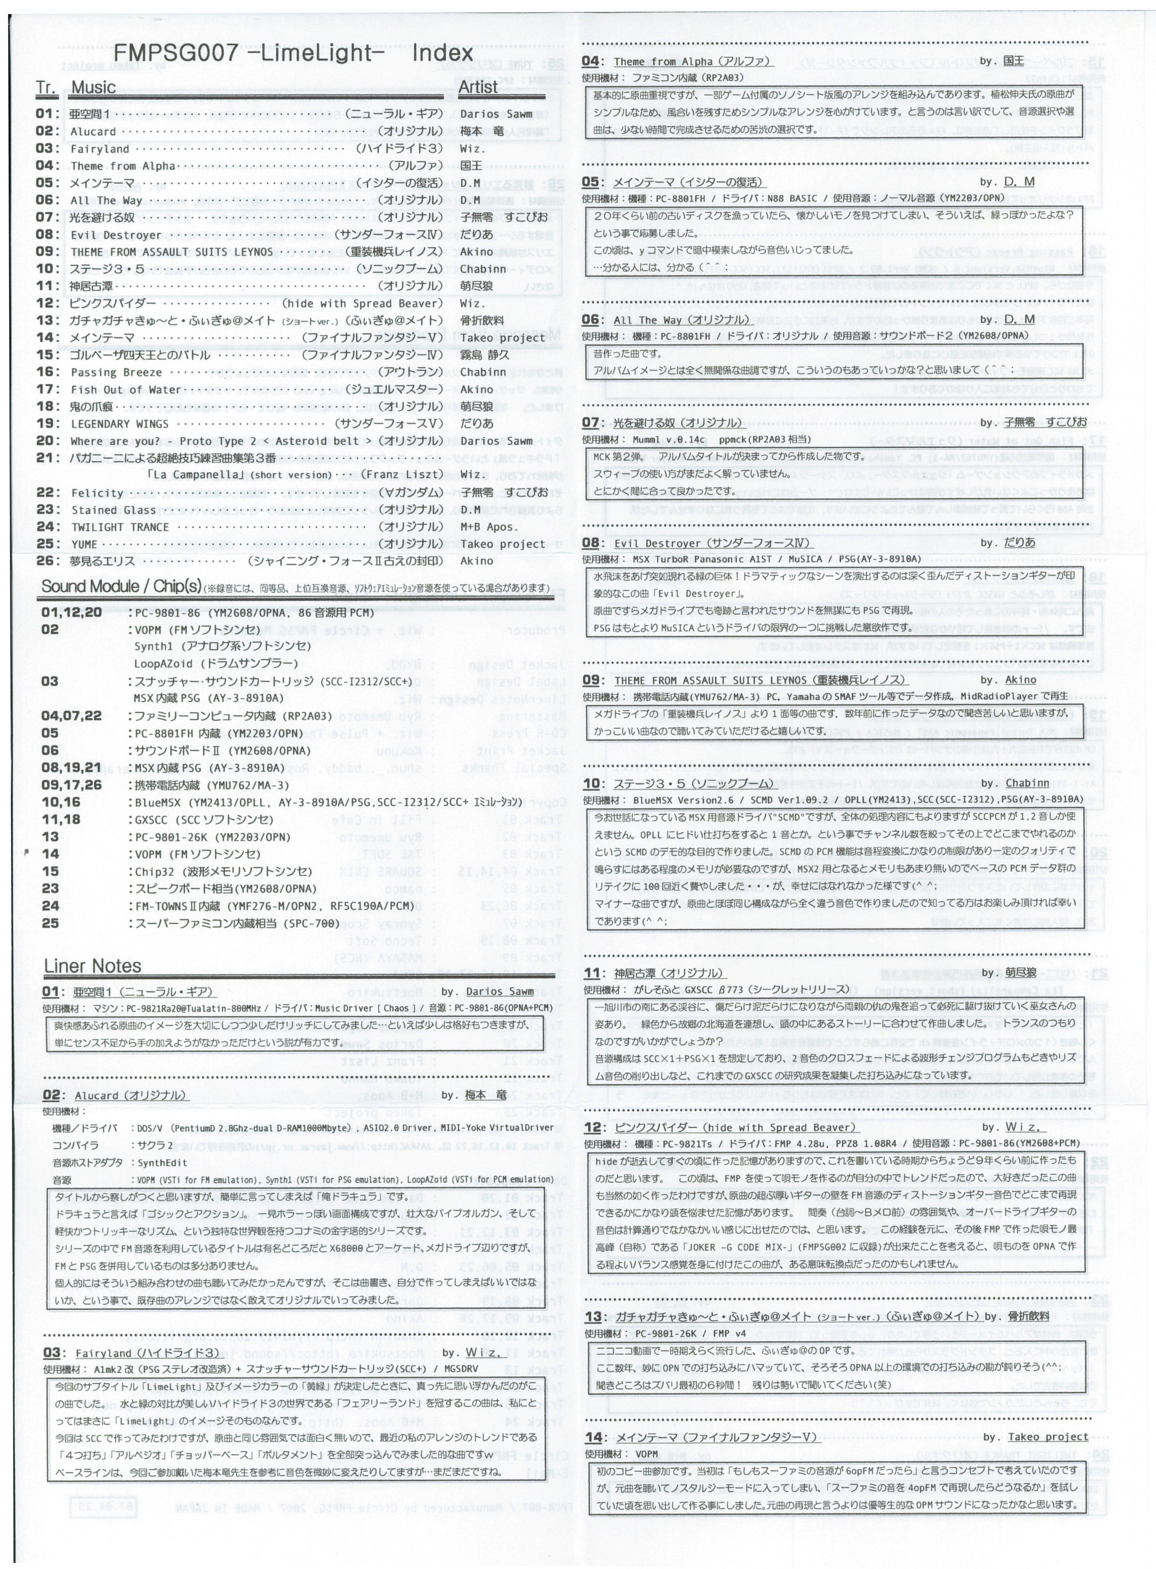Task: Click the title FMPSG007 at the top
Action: pyautogui.click(x=175, y=53)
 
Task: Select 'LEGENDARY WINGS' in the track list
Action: pyautogui.click(x=119, y=424)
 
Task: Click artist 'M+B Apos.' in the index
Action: pyautogui.click(x=488, y=527)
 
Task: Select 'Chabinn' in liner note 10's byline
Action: pyautogui.click(x=1027, y=783)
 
